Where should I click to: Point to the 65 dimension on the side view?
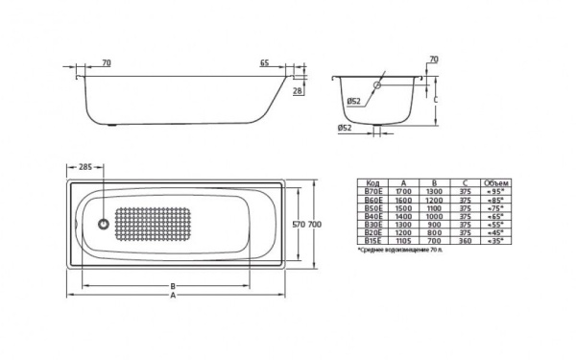264,63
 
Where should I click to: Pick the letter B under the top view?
171,285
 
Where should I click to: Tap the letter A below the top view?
173,296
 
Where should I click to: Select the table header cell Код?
373,182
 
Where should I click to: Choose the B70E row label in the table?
373,191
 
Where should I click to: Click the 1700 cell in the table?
404,191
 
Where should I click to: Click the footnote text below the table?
403,250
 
